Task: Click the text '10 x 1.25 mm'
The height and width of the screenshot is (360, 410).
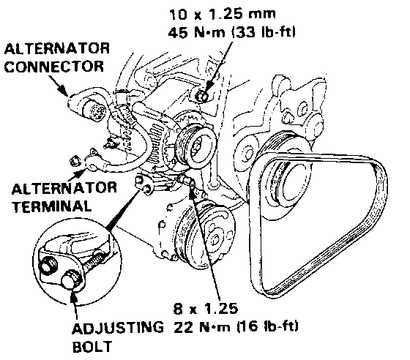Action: click(x=223, y=14)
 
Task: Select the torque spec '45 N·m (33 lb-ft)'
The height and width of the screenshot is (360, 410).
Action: click(x=231, y=32)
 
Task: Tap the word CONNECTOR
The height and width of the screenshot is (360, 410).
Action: click(x=54, y=67)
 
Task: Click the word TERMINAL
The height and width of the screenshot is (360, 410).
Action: click(x=52, y=206)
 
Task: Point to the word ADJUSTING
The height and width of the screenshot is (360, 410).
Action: click(x=118, y=328)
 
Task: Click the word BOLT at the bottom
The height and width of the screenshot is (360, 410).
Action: click(x=92, y=347)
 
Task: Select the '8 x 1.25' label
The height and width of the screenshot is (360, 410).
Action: click(x=206, y=309)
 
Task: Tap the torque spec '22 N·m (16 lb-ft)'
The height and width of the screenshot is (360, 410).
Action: click(x=236, y=327)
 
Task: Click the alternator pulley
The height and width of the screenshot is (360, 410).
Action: click(x=196, y=146)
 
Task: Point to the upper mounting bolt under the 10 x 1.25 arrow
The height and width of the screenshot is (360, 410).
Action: click(x=202, y=96)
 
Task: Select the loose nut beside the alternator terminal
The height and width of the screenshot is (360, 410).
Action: click(x=75, y=161)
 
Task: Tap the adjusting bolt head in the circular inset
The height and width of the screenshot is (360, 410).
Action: click(x=71, y=280)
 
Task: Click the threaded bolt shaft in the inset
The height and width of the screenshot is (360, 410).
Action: click(x=93, y=262)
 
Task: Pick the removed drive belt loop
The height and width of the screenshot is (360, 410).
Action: click(x=318, y=225)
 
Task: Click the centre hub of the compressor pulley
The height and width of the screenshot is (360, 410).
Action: click(x=215, y=239)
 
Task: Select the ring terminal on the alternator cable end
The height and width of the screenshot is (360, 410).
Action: click(x=92, y=166)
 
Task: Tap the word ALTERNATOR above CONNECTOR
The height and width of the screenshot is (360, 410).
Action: click(x=57, y=48)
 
